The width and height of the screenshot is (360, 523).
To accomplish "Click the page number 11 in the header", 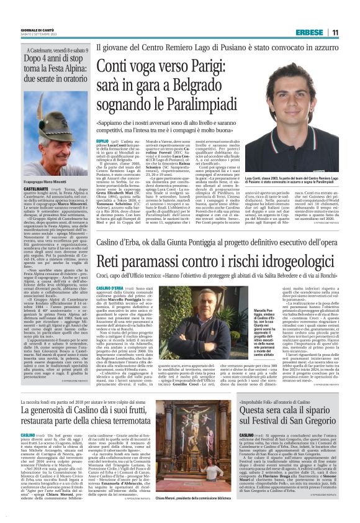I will [x=335, y=32].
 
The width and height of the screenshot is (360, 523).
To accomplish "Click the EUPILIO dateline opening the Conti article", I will [x=102, y=142].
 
